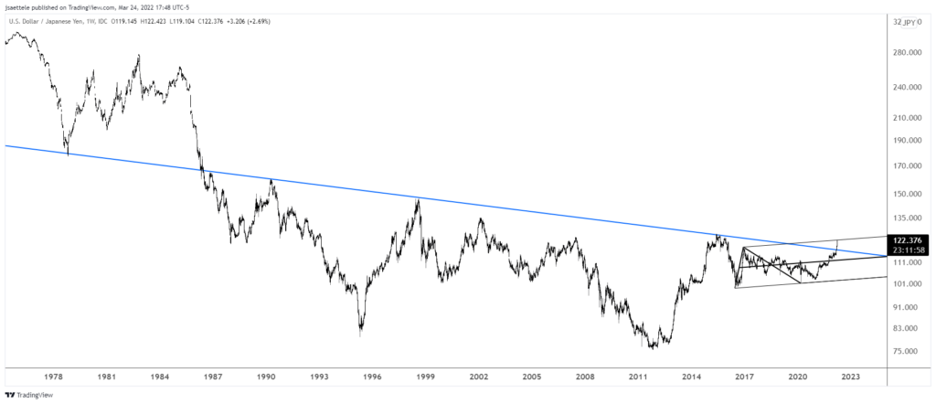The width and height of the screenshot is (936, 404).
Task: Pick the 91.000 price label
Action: (913, 308)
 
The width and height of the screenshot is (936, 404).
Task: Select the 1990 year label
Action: (267, 376)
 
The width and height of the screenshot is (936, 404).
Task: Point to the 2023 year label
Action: (850, 376)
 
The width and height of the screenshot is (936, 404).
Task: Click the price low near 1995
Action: (361, 335)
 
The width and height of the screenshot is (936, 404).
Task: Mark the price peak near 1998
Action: (419, 199)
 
